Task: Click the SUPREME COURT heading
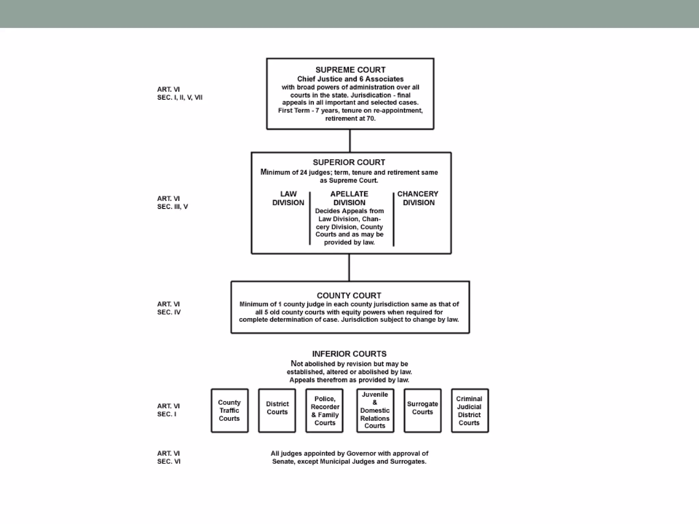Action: coord(350,70)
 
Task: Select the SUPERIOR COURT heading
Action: coord(349,162)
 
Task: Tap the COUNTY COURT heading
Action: coord(349,295)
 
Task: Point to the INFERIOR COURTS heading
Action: coord(349,354)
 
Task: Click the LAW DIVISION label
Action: coord(288,198)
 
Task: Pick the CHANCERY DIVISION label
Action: coord(418,198)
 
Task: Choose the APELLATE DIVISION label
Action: coord(349,198)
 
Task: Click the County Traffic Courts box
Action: coord(229,410)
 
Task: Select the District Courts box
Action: coord(277,410)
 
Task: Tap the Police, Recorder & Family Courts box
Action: coord(325,410)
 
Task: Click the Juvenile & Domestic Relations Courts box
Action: coord(375,410)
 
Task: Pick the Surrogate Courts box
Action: coord(422,410)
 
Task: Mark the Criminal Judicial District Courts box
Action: coord(469,410)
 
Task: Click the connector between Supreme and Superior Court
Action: coord(350,141)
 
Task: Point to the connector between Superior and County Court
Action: coord(349,267)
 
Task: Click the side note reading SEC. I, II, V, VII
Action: coord(180,98)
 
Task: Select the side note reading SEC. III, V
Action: coord(172,207)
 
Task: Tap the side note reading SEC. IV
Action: coord(169,312)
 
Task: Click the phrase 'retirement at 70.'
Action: coord(350,119)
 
